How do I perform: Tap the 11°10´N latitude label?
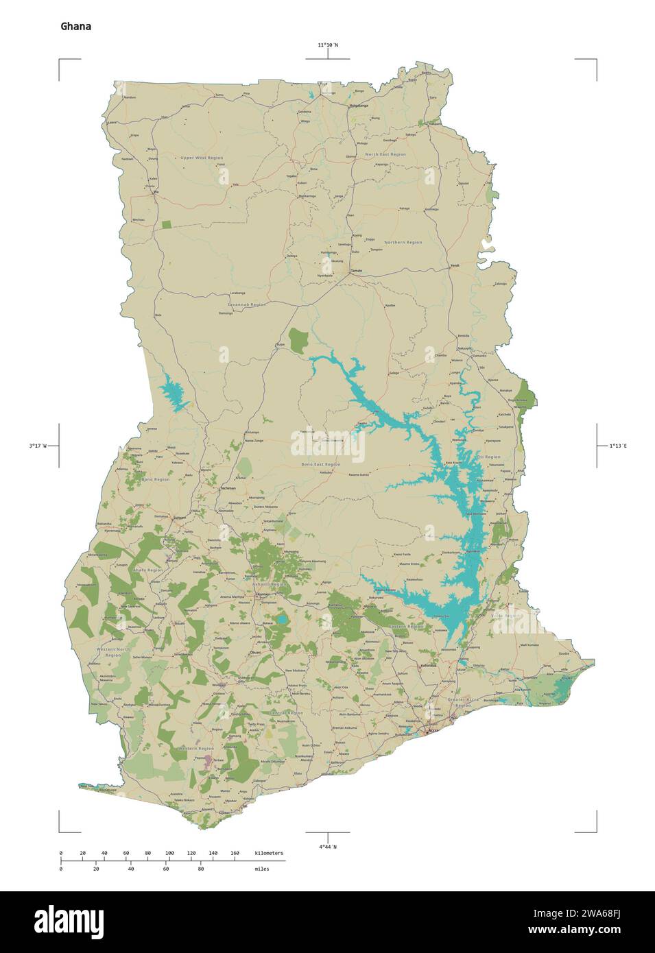coord(327,45)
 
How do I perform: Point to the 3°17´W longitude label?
coord(38,446)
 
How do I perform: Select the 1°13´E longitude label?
coord(618,446)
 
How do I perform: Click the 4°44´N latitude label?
coord(327,847)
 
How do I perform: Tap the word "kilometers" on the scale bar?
coord(268,853)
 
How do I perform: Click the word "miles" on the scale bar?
coord(261,869)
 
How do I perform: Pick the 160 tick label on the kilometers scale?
coord(235,853)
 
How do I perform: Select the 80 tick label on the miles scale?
coord(200,869)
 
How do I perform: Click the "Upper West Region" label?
coord(202,158)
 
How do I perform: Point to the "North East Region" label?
coord(385,154)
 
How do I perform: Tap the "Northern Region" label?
coord(403,242)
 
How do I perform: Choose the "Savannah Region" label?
coord(246,304)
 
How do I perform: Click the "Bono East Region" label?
coord(320,465)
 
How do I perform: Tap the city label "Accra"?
coord(433,731)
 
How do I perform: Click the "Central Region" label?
coord(286,713)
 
